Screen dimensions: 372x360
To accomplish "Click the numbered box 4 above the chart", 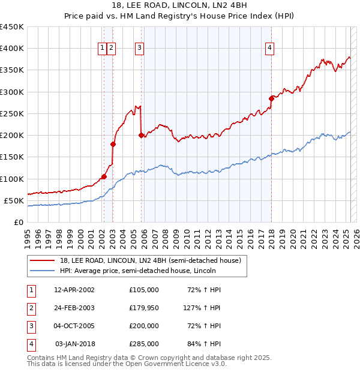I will tap(270, 49).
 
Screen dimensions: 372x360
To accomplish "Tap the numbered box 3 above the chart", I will tap(139, 49).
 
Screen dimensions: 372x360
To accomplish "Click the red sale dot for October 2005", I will tap(141, 135).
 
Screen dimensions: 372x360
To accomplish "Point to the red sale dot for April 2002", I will tap(104, 176).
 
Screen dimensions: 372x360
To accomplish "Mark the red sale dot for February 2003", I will tap(113, 144).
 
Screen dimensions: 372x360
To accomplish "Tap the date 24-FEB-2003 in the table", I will tap(74, 308).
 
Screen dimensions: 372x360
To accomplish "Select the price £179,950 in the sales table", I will tap(143, 308).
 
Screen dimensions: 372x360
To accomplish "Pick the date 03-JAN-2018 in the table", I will tap(74, 344).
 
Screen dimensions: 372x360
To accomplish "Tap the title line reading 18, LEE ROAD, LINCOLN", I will tap(179, 6).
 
